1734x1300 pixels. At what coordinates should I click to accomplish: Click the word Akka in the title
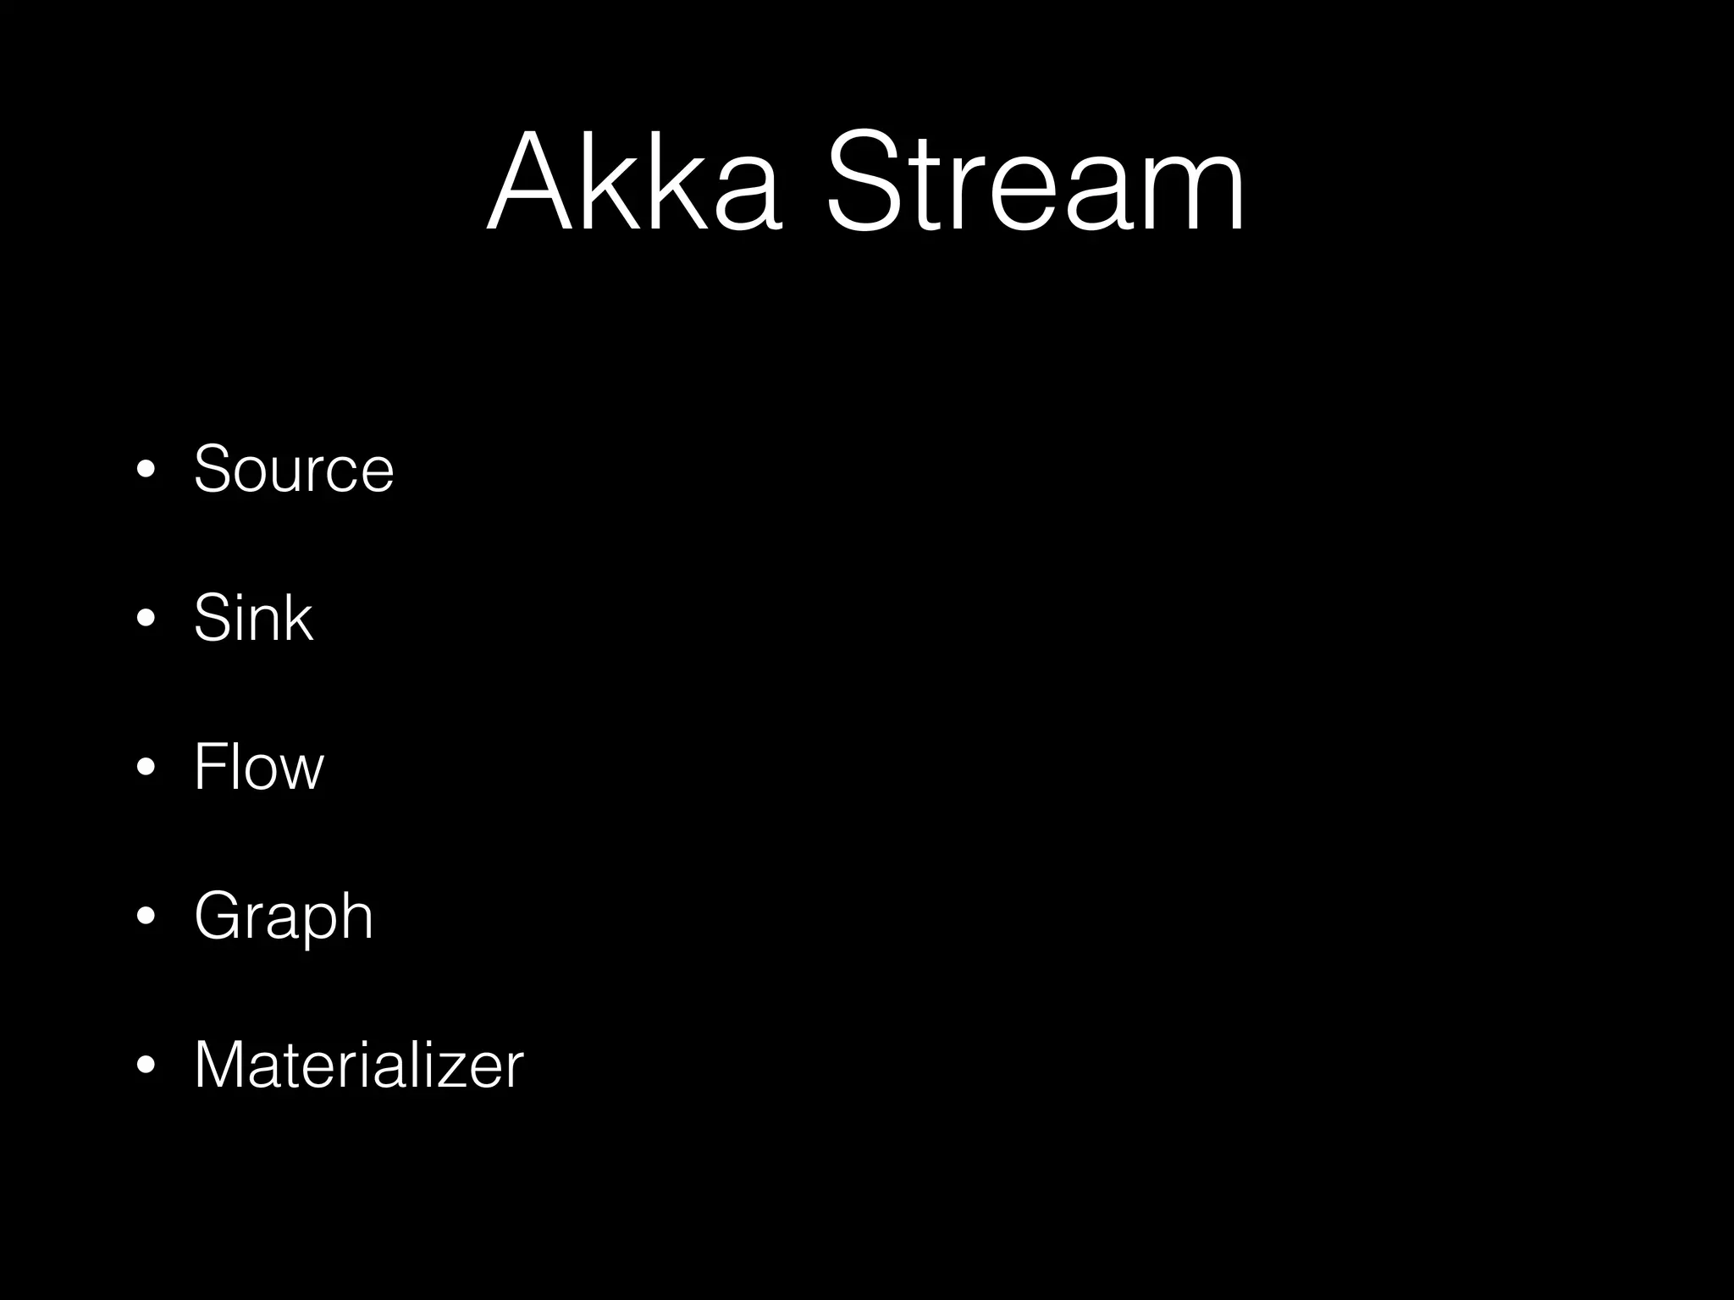[x=633, y=182]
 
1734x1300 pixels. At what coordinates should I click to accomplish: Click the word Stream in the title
[x=1035, y=182]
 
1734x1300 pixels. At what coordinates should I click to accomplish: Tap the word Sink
[x=253, y=617]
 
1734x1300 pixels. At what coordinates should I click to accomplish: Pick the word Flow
[x=258, y=766]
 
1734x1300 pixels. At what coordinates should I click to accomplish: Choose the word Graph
[x=284, y=917]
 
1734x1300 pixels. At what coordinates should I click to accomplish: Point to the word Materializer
[x=359, y=1064]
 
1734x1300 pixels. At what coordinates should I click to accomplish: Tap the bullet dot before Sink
[x=146, y=619]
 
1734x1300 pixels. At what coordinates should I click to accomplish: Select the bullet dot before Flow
[x=146, y=768]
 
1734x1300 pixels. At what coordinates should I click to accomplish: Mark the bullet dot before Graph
[x=146, y=917]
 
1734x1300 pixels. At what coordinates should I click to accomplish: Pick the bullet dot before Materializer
[x=146, y=1066]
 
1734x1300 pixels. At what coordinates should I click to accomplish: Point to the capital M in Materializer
[x=221, y=1064]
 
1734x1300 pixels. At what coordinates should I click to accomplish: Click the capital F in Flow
[x=208, y=766]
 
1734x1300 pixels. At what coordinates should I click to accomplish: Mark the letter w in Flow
[x=301, y=772]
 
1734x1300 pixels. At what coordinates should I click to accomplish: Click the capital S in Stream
[x=862, y=182]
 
